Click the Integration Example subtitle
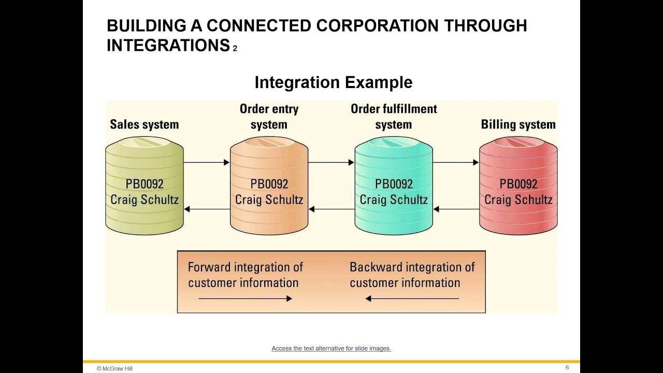click(x=333, y=82)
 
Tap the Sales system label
click(x=144, y=124)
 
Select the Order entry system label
click(x=269, y=117)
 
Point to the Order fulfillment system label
click(x=394, y=117)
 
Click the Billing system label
click(x=518, y=124)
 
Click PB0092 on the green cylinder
click(x=144, y=184)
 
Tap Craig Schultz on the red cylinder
click(x=518, y=200)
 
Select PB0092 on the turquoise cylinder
click(x=394, y=184)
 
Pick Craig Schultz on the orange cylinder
click(x=269, y=200)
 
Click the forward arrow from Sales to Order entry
click(x=207, y=163)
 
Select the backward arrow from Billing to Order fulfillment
click(x=456, y=209)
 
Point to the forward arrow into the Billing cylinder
click(x=456, y=163)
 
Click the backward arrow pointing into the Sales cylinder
click(x=207, y=209)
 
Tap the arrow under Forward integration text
click(x=245, y=298)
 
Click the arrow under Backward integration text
click(x=412, y=298)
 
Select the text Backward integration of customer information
click(x=412, y=275)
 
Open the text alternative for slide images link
click(x=331, y=349)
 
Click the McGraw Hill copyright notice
click(x=114, y=368)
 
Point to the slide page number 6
click(x=567, y=368)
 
